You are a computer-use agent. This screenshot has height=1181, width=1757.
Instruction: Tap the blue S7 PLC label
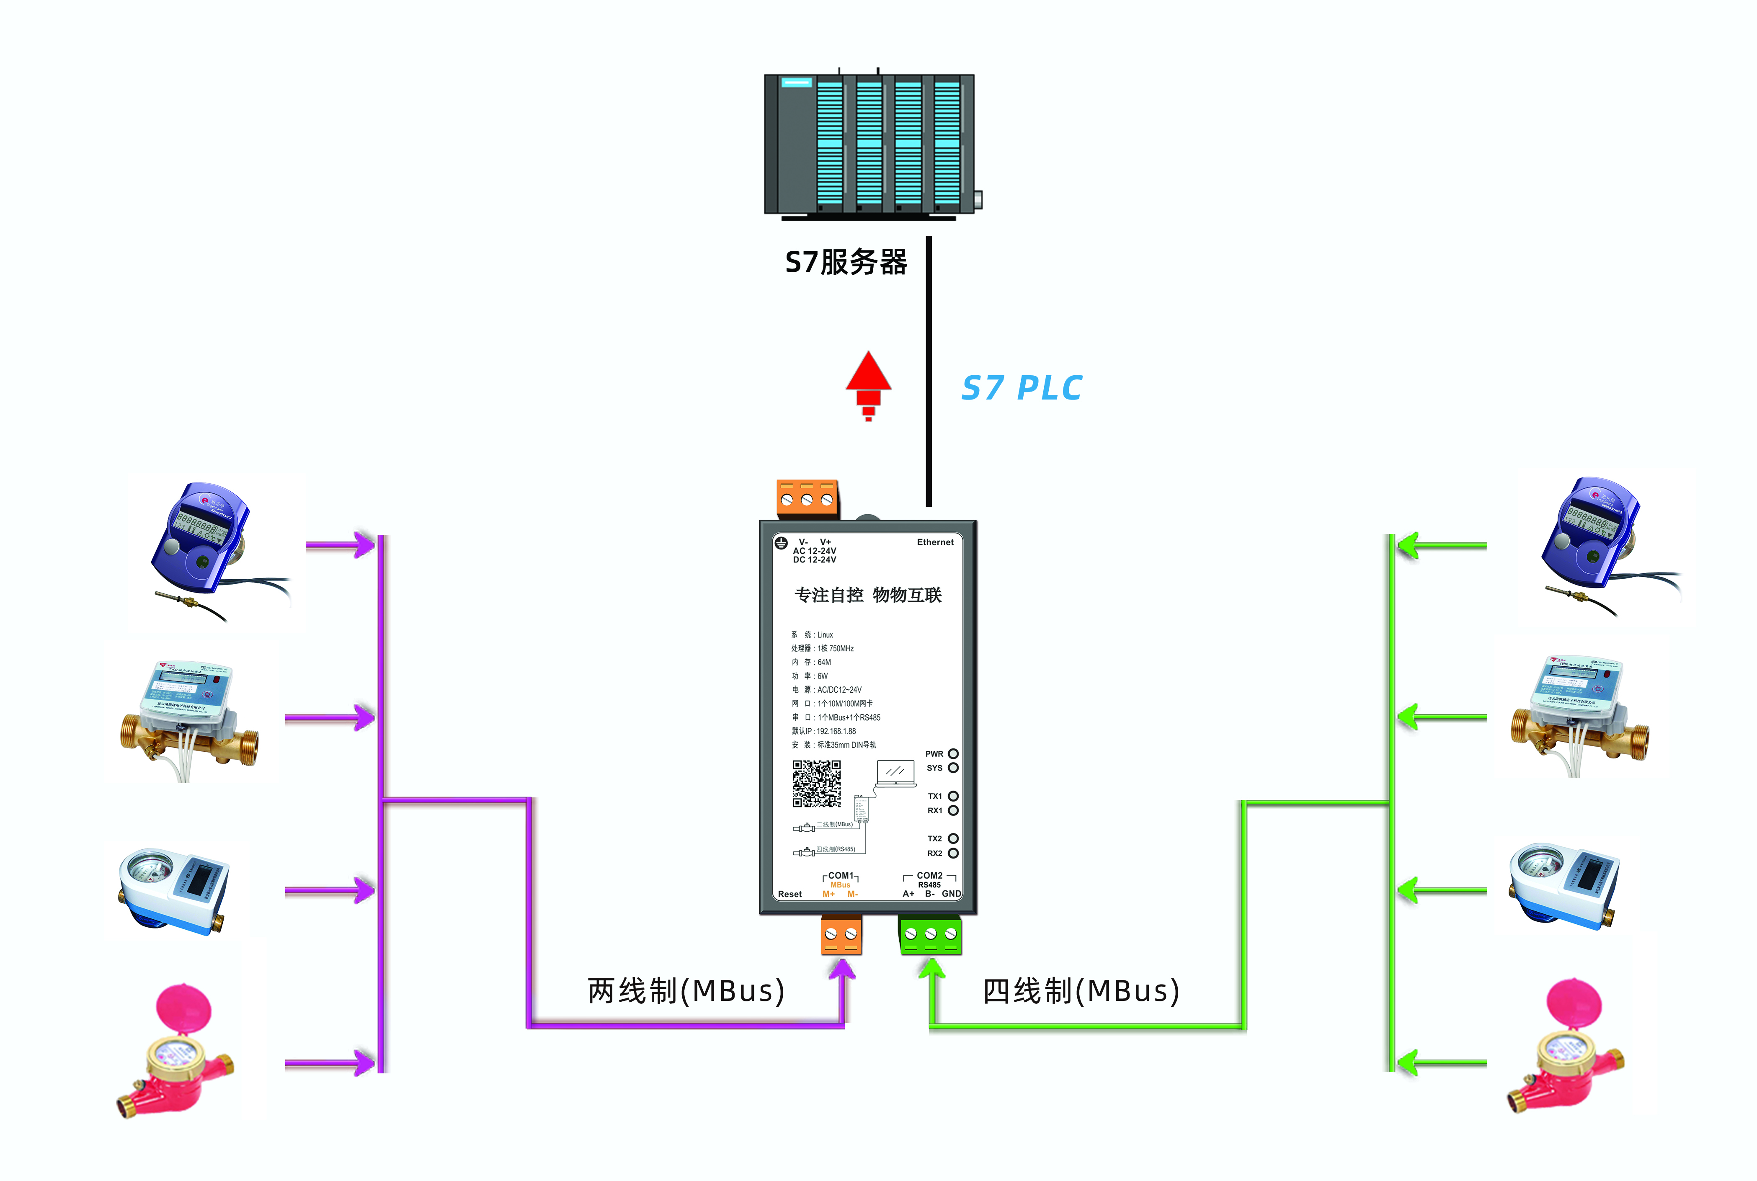1021,388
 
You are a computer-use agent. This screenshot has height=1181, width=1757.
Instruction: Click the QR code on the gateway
816,783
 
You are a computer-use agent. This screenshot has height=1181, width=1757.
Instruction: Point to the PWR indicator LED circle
953,754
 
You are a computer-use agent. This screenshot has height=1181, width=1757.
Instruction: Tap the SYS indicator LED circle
953,768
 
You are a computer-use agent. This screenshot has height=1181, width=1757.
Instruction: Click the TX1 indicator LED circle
953,796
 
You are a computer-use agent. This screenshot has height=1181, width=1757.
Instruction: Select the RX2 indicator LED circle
953,854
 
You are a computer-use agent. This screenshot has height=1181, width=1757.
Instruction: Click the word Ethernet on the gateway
934,542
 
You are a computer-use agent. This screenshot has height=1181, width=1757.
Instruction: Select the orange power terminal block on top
807,499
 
